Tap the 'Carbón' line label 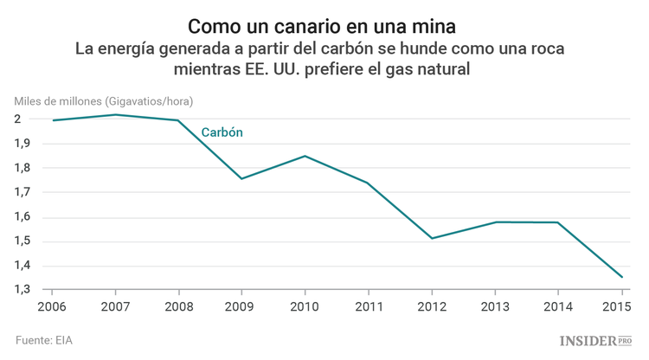click(x=222, y=132)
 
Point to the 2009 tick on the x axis click(x=241, y=306)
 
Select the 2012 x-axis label click(x=432, y=306)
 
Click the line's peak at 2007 click(x=115, y=114)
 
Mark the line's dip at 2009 click(x=241, y=178)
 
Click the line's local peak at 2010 click(x=305, y=156)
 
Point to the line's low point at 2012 click(x=432, y=238)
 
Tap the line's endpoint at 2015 click(x=621, y=277)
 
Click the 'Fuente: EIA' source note click(x=44, y=340)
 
